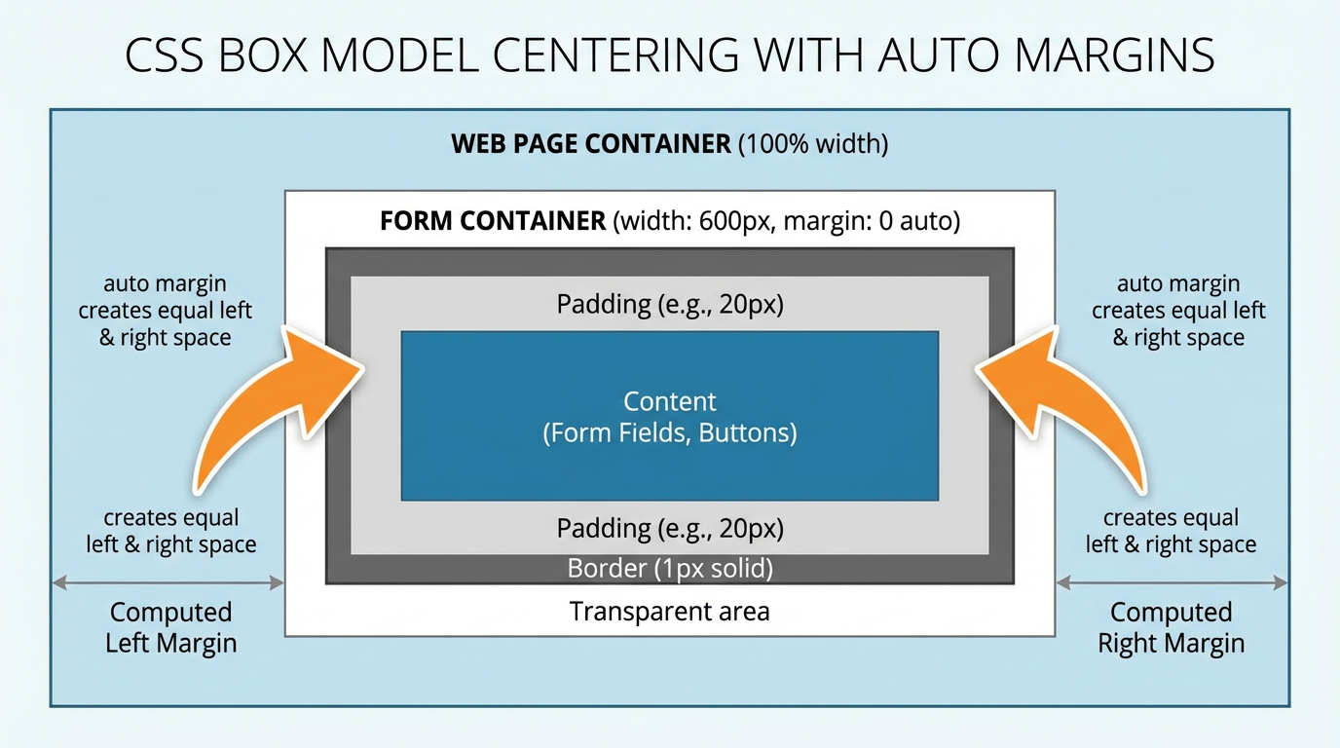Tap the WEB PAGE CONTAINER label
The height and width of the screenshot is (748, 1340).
point(590,145)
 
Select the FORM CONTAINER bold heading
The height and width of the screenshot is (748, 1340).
point(493,221)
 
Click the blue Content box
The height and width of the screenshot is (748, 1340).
point(670,416)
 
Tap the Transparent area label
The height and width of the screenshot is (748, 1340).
point(670,612)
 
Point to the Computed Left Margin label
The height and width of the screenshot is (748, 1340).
point(171,627)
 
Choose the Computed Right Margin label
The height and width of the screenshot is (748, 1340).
point(1171,627)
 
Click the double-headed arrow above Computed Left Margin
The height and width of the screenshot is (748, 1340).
point(167,583)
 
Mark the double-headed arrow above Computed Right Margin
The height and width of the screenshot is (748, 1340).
point(1172,583)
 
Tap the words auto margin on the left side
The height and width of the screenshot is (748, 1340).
point(165,284)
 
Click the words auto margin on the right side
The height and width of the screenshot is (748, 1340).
point(1178,284)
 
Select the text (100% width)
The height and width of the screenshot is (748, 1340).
point(813,145)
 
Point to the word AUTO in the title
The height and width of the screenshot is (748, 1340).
point(940,56)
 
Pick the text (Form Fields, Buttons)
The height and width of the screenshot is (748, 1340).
point(670,432)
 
